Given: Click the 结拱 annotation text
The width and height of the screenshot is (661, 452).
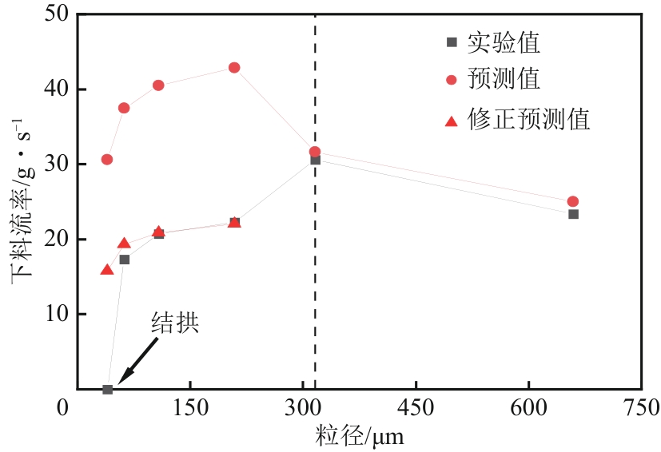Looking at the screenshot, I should (x=174, y=323).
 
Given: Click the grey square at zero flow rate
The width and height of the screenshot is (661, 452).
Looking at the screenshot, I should (x=107, y=389).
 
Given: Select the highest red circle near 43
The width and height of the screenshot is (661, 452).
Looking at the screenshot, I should (x=234, y=68).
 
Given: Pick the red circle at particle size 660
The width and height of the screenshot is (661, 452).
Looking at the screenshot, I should (x=572, y=201).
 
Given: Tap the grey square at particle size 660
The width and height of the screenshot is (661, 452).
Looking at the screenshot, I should (x=573, y=214).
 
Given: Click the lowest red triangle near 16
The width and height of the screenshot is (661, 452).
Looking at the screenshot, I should (x=107, y=270).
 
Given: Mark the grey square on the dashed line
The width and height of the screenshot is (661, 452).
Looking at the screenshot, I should (x=315, y=160).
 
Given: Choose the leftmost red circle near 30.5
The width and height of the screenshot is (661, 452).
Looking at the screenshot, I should (x=107, y=160).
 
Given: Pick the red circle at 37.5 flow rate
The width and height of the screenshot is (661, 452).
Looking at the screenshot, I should (x=124, y=108).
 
